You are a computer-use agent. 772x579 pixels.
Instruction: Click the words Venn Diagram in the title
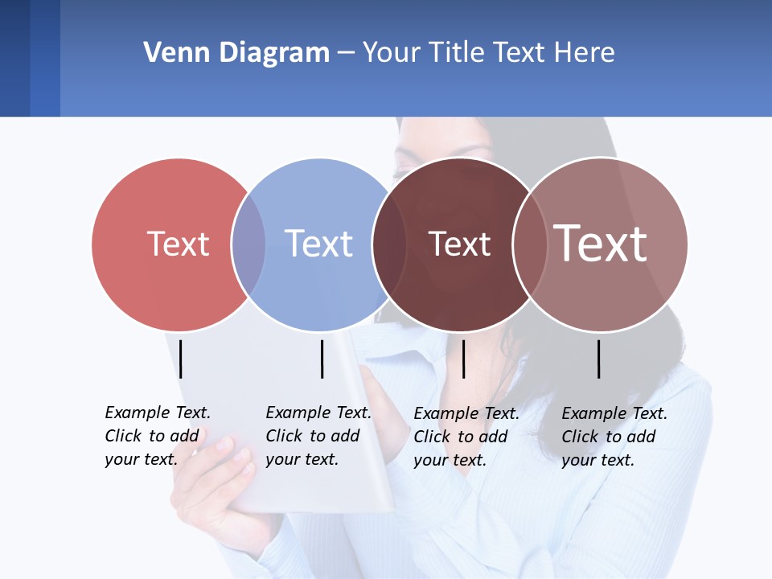coord(236,53)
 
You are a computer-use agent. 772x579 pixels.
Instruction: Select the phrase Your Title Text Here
coord(488,53)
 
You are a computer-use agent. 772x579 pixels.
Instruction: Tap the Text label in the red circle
coord(178,244)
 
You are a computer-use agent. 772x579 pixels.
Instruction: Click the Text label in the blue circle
coord(318,244)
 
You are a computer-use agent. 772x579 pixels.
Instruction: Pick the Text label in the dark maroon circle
coord(459,244)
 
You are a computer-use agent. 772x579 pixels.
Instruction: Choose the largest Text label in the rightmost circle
coord(600,243)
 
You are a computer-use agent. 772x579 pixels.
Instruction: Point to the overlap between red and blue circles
coord(248,244)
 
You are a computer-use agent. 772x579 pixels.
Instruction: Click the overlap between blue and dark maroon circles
coord(389,244)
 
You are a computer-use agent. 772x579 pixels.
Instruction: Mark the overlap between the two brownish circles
coord(529,244)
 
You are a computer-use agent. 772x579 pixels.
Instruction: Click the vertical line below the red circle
coord(181,359)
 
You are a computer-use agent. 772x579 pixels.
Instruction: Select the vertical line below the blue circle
coord(322,359)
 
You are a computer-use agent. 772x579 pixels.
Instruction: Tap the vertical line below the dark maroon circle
coord(463,359)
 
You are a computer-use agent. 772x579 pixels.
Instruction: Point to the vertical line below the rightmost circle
coord(599,359)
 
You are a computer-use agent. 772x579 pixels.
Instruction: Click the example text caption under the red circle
coord(157,436)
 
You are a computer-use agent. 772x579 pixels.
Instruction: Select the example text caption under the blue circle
coord(318,436)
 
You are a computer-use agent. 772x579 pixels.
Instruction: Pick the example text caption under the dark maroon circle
coord(466,437)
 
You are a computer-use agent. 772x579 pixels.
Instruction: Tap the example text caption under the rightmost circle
coord(614,437)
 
